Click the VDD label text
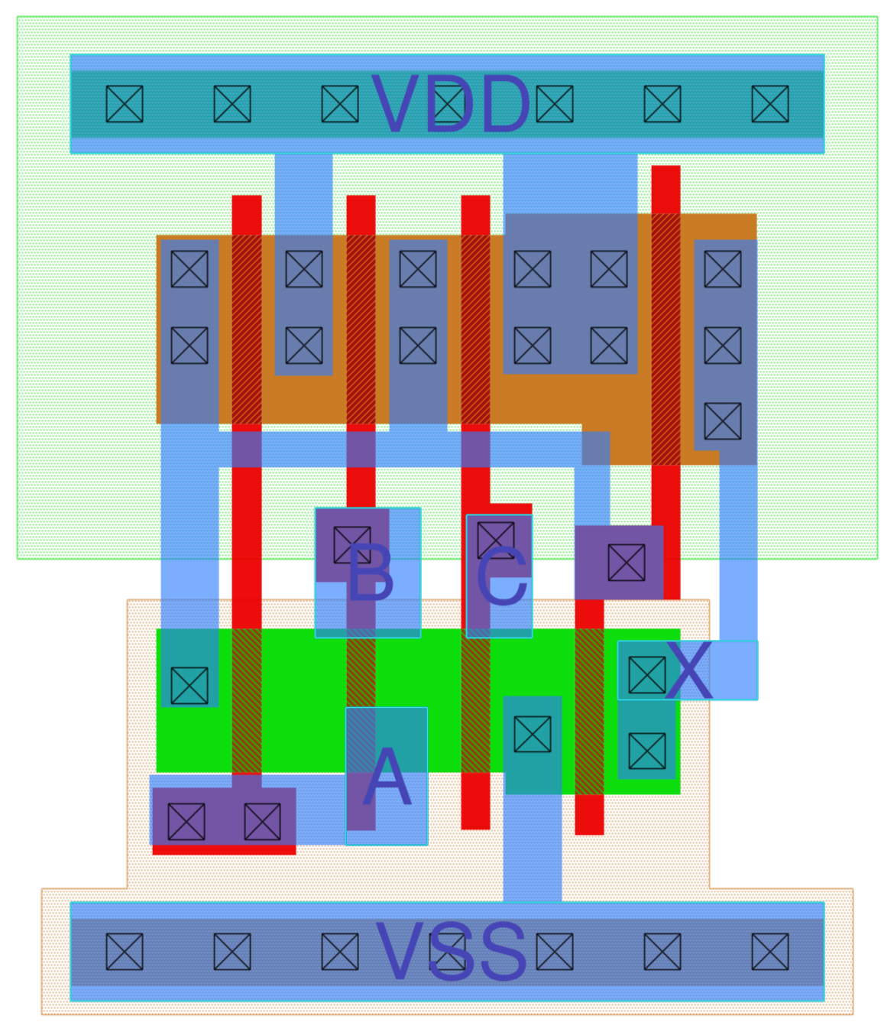point(451,105)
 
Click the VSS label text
point(451,952)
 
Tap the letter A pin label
point(387,778)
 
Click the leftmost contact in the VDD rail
point(125,104)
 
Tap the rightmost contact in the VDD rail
point(769,104)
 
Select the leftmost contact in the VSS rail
point(125,952)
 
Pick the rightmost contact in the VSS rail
point(769,952)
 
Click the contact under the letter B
point(351,544)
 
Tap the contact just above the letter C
point(495,538)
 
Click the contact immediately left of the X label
point(646,675)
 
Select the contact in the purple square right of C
point(626,563)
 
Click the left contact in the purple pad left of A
point(186,821)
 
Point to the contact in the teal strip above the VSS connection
point(533,734)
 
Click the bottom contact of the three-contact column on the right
point(723,420)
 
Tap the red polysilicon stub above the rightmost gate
point(666,188)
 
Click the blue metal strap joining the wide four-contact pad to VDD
point(570,183)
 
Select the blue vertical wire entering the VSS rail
point(533,849)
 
